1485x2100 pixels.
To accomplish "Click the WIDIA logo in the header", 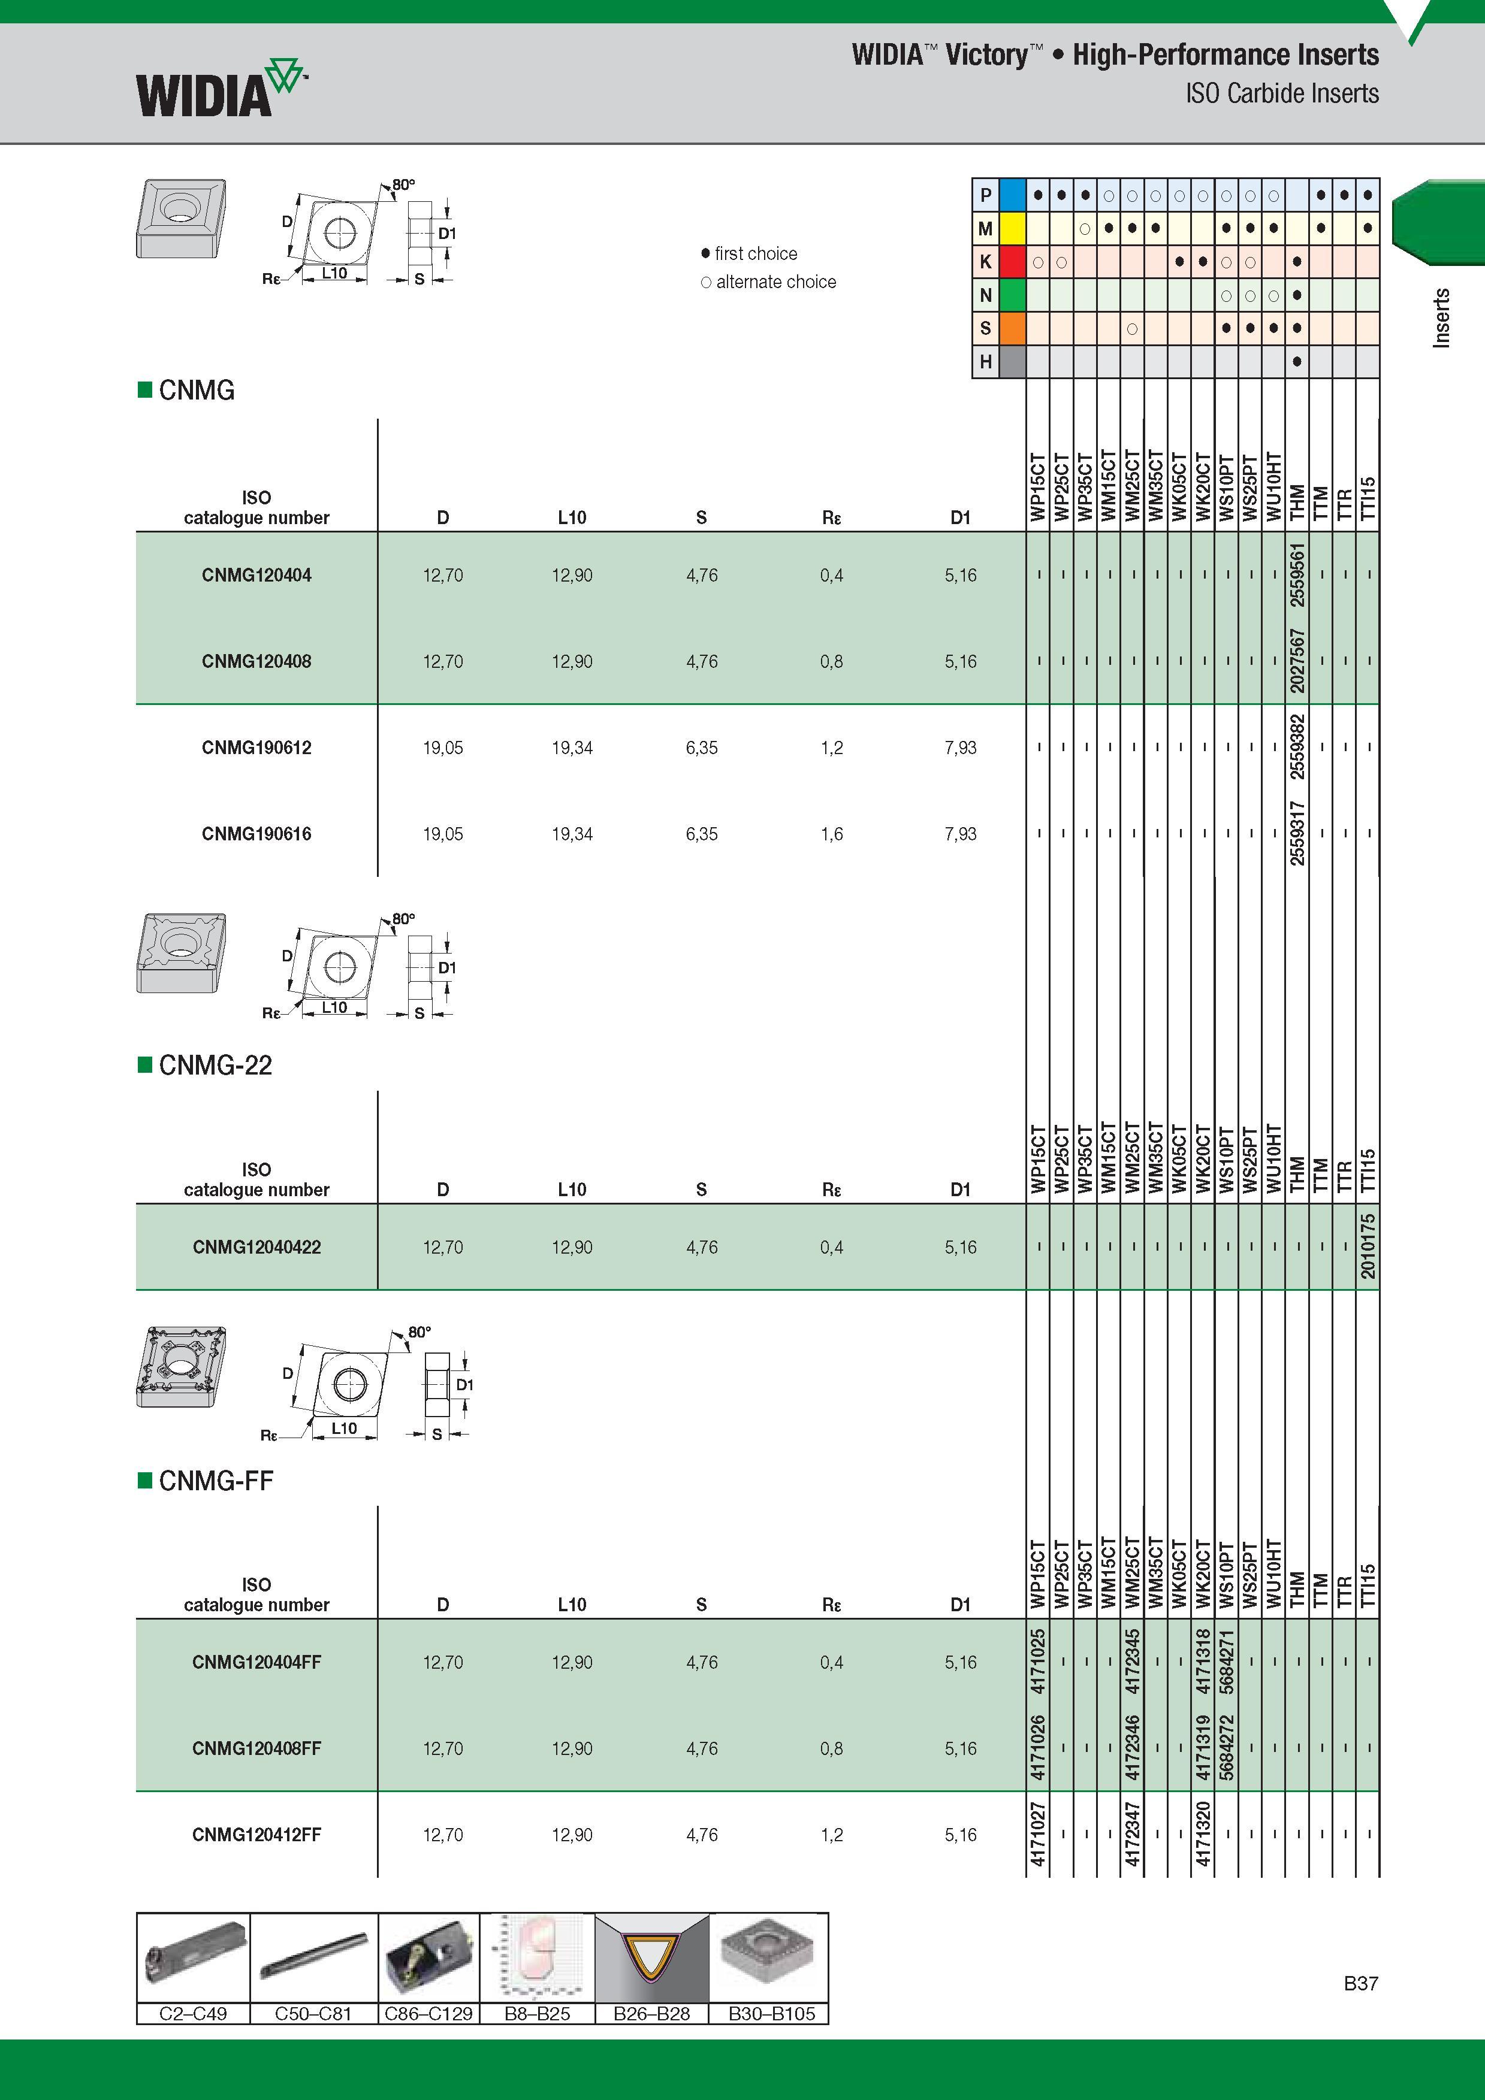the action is pos(219,88).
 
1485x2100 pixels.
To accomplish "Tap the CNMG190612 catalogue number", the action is pos(256,748).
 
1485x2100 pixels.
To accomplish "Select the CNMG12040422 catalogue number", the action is pos(256,1246).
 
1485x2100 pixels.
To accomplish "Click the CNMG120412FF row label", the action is pos(256,1834).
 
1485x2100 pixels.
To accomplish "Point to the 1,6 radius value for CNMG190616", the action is pos(831,833).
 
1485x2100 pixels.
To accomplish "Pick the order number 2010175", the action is pos(1368,1246).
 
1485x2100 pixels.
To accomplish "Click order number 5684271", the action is pos(1227,1661).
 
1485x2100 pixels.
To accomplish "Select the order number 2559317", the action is pos(1297,833).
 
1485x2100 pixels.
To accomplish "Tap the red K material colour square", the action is pos(1012,262).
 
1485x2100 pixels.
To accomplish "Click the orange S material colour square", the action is pos(1012,328).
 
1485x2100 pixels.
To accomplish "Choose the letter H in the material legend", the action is pos(985,361).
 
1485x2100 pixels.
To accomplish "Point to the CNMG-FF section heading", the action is pos(216,1481).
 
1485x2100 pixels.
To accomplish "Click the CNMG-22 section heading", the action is pos(215,1064).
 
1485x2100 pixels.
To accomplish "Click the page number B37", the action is pos(1360,1983).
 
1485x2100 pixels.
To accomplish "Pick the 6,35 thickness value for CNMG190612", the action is pos(702,748).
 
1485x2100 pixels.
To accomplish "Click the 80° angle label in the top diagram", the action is pos(403,184).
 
